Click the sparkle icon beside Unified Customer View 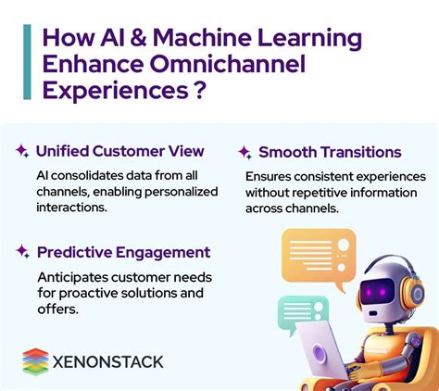point(21,150)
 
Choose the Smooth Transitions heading point(330,152)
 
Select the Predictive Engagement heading point(123,252)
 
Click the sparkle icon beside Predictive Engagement point(21,251)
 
